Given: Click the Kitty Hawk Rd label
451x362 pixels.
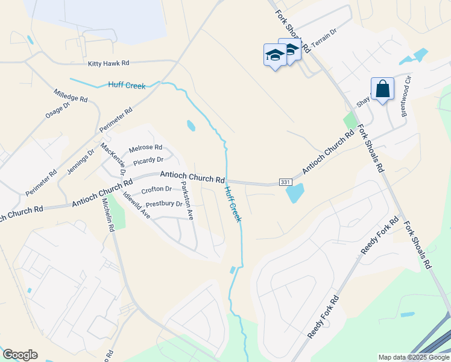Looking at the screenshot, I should point(109,63).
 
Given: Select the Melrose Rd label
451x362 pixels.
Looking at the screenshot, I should point(145,147).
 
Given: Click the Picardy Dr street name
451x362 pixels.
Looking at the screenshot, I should point(148,160).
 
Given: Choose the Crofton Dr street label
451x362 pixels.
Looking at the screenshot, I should point(156,189).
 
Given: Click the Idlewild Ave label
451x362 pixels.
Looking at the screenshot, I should point(136,205).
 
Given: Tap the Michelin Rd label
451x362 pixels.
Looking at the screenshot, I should point(108,216).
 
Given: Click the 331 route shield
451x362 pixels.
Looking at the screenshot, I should point(285,182).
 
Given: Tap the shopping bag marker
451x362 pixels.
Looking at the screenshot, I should point(383,89).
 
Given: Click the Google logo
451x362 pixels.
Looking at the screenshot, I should point(20,355).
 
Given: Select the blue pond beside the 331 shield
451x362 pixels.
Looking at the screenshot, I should point(294,193).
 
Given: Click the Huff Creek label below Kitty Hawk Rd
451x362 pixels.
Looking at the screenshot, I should point(127,86).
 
